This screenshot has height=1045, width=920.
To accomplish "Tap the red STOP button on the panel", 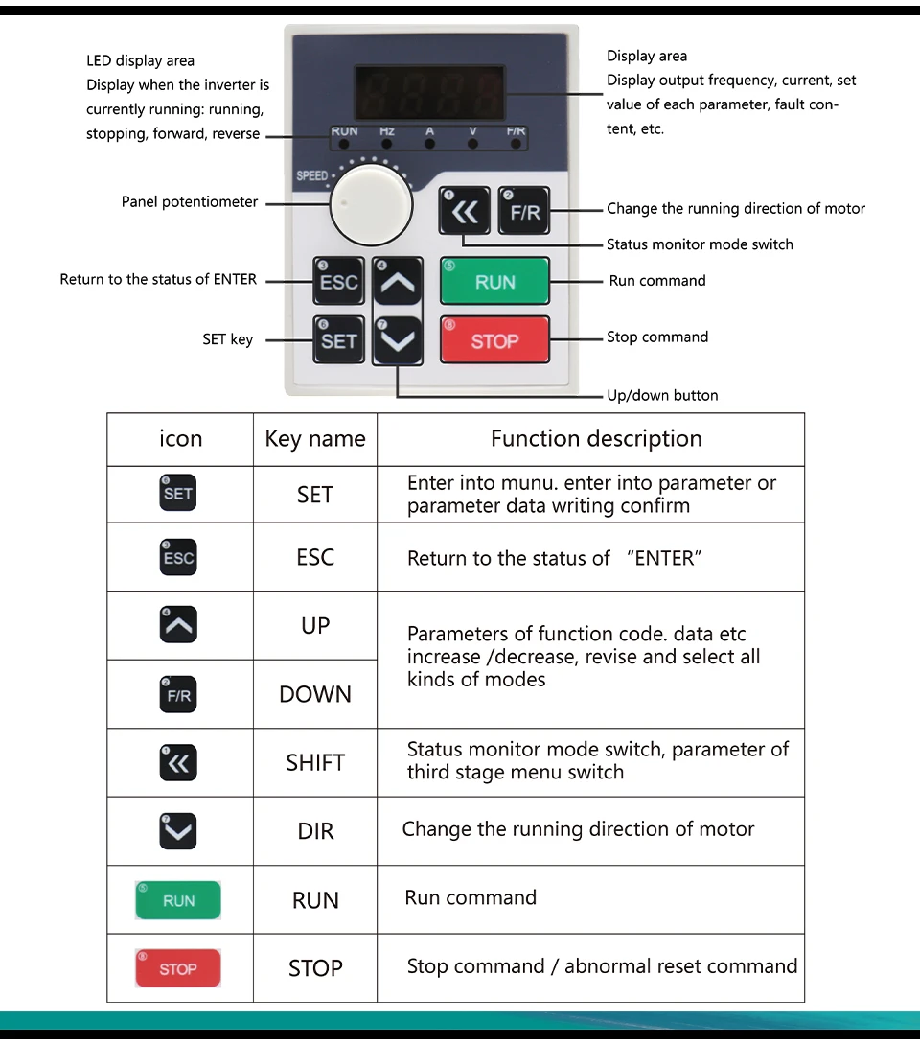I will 494,340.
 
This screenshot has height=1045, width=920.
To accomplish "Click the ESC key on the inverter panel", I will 338,282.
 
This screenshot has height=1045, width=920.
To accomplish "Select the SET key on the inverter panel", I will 338,340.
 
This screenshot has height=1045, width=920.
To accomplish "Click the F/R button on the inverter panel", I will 524,212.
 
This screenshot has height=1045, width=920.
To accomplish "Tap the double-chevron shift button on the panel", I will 465,212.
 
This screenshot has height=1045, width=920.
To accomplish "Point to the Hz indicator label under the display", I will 386,131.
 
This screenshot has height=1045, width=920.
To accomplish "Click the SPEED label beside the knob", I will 311,176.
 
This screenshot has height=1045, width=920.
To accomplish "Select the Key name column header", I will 315,439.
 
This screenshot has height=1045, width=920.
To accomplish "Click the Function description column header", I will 596,439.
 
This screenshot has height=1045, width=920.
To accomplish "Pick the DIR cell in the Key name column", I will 315,831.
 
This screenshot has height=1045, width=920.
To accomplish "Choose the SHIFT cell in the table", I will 315,763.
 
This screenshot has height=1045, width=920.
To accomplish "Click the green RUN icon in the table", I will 178,900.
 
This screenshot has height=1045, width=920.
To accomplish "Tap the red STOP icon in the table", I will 178,968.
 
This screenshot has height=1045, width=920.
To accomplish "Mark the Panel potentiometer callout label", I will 190,202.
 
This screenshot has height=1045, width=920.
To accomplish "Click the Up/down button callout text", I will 662,395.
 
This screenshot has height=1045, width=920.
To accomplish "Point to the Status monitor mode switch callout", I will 700,244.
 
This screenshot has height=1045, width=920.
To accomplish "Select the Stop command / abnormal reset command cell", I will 602,966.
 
